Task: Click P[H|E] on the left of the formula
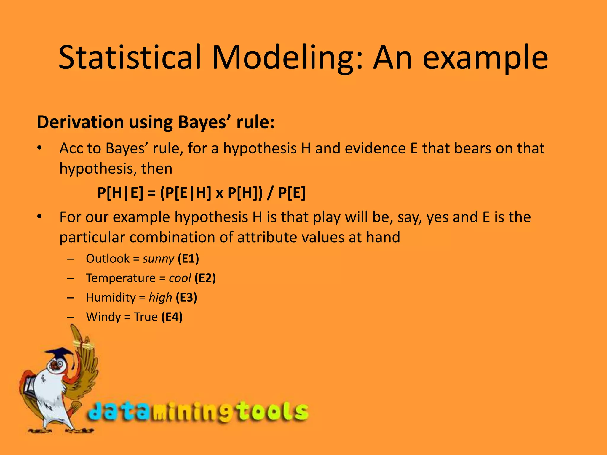(x=120, y=193)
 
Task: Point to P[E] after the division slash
(x=292, y=193)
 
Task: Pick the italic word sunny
(x=158, y=259)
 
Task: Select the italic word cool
(x=180, y=278)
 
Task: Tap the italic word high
(x=160, y=297)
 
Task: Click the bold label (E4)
(x=172, y=317)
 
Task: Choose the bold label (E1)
(x=188, y=259)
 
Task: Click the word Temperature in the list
(x=121, y=278)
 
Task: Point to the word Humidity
(x=111, y=297)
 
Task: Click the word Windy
(x=103, y=317)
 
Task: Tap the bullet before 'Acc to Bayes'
(x=39, y=148)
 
